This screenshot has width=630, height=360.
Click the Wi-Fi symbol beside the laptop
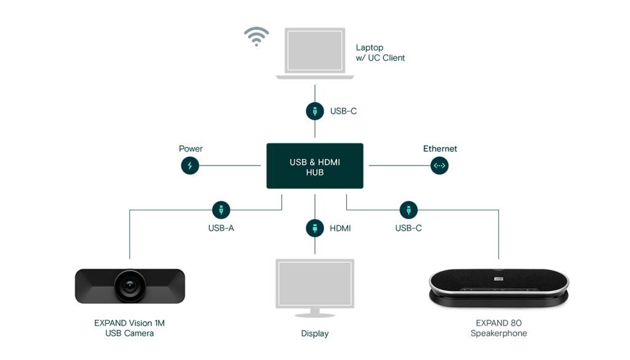tap(256, 37)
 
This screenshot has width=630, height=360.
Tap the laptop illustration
tap(315, 52)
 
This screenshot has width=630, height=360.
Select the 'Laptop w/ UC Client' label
tap(380, 53)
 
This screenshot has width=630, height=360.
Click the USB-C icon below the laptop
tap(315, 111)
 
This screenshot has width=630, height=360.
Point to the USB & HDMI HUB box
tap(315, 166)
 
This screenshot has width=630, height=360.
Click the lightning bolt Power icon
tap(190, 166)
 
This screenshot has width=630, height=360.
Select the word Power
tap(191, 149)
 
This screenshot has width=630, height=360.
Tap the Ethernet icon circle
tap(439, 166)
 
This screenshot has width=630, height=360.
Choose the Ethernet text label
tap(440, 149)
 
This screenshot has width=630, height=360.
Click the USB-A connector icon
tap(221, 210)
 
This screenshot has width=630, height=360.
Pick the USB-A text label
tap(221, 228)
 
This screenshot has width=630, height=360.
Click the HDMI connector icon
tap(315, 228)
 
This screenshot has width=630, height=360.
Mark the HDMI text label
tap(340, 228)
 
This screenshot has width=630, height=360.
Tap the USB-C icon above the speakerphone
tap(409, 210)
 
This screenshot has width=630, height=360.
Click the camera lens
tap(130, 286)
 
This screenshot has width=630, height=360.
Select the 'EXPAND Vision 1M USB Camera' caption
tap(129, 328)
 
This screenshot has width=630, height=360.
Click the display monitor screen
tap(315, 283)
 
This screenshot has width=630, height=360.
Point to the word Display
tap(315, 334)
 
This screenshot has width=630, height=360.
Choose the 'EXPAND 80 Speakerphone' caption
tap(498, 328)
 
